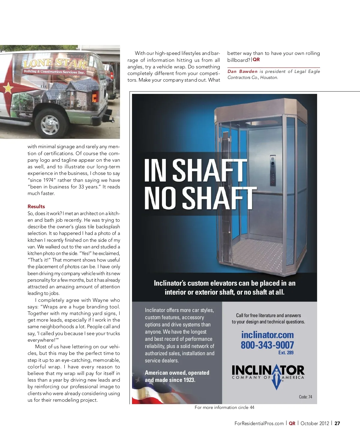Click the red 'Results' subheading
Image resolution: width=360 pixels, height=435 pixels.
pyautogui.click(x=36, y=206)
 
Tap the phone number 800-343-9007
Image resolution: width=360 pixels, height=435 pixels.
pyautogui.click(x=267, y=345)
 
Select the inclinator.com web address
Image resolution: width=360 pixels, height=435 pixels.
pyautogui.click(x=267, y=335)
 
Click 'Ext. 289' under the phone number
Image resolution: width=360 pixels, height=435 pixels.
pyautogui.click(x=286, y=353)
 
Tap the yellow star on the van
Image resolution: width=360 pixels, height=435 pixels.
pyautogui.click(x=8, y=88)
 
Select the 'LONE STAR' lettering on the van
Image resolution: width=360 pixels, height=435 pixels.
pyautogui.click(x=55, y=63)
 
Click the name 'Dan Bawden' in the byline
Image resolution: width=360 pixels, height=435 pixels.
pyautogui.click(x=242, y=71)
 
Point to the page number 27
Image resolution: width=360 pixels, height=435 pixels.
pyautogui.click(x=337, y=423)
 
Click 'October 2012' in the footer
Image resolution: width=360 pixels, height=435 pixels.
pyautogui.click(x=315, y=423)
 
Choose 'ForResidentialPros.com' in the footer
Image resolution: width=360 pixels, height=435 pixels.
pyautogui.click(x=259, y=423)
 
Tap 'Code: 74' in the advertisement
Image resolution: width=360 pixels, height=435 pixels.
pyautogui.click(x=305, y=397)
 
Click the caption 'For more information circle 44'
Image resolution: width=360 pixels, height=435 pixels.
pyautogui.click(x=224, y=407)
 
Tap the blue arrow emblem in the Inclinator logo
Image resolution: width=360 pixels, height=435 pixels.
pyautogui.click(x=277, y=376)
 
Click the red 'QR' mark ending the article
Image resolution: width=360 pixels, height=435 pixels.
pyautogui.click(x=256, y=60)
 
